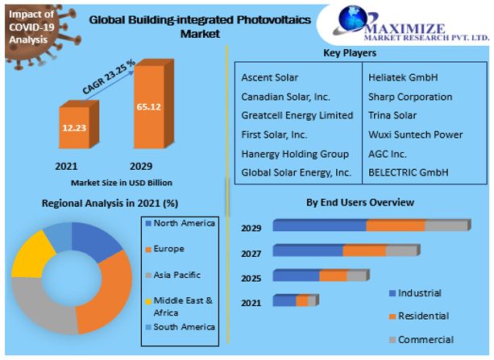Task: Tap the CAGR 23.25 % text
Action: coord(108,77)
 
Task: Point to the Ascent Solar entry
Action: coord(269,78)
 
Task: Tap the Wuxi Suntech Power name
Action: coord(415,134)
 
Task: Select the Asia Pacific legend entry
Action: coord(178,275)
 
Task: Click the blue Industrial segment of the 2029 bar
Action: coord(319,226)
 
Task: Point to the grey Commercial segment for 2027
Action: coord(401,250)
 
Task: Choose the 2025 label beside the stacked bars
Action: coord(251,278)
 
